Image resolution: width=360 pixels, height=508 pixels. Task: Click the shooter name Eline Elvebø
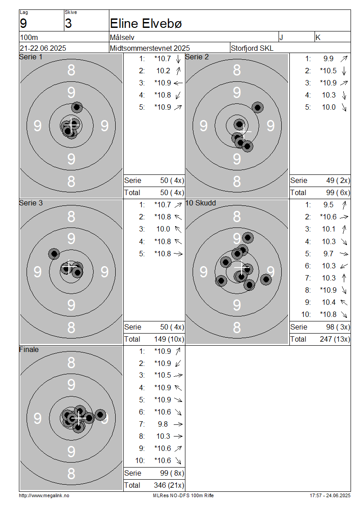146,24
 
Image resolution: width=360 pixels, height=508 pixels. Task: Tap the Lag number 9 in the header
23,24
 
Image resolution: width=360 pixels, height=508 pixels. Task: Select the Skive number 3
68,24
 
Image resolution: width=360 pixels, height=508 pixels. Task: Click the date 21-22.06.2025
43,48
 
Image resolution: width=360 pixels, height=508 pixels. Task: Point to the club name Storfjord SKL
252,48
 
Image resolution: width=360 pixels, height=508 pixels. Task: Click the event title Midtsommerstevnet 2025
150,48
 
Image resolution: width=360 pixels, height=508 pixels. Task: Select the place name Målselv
122,38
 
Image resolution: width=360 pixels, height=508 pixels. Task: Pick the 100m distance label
29,38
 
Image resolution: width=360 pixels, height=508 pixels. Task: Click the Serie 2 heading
197,57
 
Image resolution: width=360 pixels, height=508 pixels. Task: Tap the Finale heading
29,350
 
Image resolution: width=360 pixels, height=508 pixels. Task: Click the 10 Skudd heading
200,203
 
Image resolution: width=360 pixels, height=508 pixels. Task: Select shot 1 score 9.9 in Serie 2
328,58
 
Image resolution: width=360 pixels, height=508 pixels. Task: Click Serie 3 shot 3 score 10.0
163,229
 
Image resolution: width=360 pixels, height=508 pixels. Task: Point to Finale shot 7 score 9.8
163,424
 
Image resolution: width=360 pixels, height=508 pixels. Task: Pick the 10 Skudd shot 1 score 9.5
328,205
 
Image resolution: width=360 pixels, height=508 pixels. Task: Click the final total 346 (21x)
169,486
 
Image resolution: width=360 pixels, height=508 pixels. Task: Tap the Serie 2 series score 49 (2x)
338,180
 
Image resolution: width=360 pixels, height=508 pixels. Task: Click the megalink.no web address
44,496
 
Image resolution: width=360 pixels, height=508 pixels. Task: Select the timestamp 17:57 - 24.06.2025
330,496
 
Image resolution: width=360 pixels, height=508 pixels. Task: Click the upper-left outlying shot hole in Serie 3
54,254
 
